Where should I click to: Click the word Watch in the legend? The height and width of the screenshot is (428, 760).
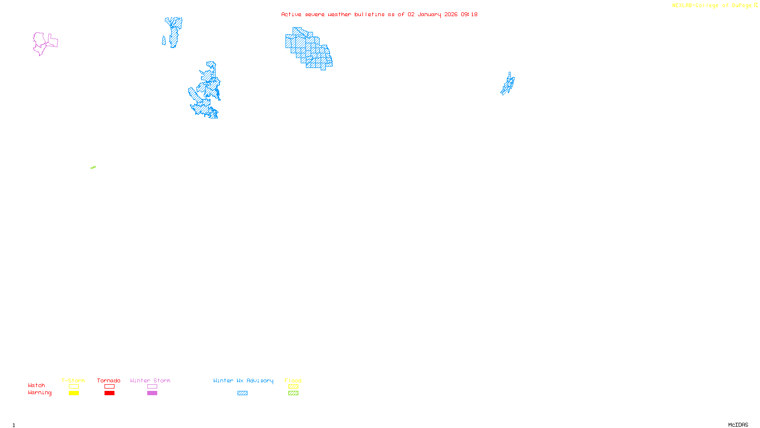[x=37, y=385]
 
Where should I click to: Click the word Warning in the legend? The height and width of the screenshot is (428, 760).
[x=39, y=393]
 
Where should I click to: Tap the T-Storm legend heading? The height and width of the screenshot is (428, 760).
[x=73, y=380]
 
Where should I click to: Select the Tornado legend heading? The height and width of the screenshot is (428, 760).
[x=109, y=380]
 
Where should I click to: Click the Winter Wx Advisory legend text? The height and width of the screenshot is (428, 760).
[x=243, y=380]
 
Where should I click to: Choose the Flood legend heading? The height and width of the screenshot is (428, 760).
[x=293, y=380]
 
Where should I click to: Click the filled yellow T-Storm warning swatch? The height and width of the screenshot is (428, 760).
[x=74, y=393]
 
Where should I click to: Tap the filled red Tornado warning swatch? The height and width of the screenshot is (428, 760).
[x=109, y=393]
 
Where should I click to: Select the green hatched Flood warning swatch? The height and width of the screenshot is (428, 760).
[x=293, y=393]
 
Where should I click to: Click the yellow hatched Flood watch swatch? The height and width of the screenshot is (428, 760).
[x=293, y=387]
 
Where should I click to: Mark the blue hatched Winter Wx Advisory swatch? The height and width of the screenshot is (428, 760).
[x=242, y=393]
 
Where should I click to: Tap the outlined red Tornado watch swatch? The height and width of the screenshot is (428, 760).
[x=109, y=387]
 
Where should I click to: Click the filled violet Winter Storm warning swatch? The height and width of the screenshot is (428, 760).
[x=152, y=393]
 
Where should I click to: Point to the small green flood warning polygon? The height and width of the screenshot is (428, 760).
[x=93, y=167]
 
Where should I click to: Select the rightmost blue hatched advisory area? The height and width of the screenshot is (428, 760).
[x=508, y=85]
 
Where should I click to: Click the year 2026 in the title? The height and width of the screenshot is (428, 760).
[x=451, y=14]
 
